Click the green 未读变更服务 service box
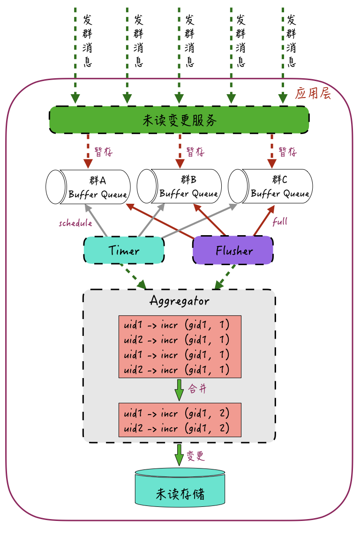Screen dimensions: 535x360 (179, 120)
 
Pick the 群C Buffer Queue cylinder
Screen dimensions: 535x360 (271, 186)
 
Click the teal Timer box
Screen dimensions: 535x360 (124, 250)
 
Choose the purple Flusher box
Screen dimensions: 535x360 (233, 250)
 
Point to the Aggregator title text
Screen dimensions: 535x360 (180, 300)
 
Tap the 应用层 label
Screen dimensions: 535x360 (313, 94)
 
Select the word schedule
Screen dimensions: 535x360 (75, 223)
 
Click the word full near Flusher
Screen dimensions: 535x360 (280, 222)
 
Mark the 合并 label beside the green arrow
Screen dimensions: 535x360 (197, 389)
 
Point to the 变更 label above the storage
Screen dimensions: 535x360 (195, 456)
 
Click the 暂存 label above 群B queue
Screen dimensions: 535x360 (195, 152)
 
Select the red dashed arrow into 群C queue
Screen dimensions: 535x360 (271, 150)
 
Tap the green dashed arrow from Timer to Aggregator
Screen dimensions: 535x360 (133, 276)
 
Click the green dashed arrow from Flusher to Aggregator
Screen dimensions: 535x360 (225, 276)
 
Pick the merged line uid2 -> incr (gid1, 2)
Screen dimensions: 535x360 (176, 428)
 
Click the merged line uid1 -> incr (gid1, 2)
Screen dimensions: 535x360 (176, 414)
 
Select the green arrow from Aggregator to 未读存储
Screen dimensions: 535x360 (179, 454)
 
